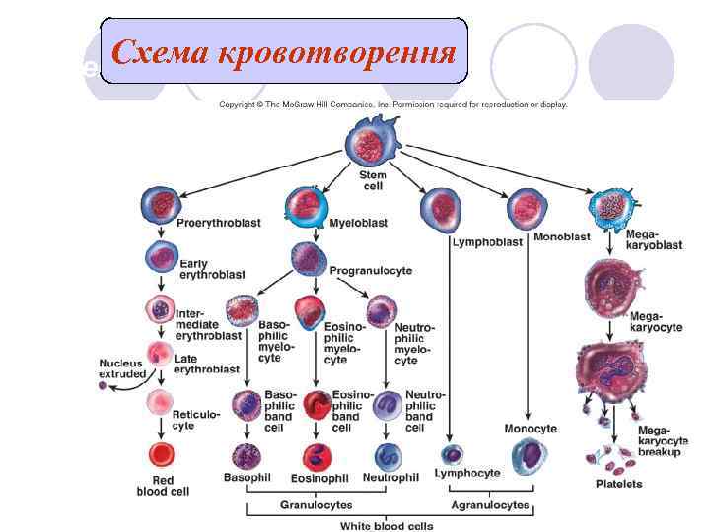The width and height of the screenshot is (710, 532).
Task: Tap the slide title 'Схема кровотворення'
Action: (x=284, y=50)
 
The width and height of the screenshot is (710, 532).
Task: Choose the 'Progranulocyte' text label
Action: (x=371, y=270)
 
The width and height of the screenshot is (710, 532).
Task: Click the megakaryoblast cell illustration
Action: (x=606, y=207)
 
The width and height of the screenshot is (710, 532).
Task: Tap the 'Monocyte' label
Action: (x=531, y=429)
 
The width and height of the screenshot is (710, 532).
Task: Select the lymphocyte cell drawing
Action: (x=451, y=454)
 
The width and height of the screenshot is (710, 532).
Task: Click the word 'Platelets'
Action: (x=618, y=484)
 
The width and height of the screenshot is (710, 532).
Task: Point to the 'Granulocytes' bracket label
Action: (x=316, y=506)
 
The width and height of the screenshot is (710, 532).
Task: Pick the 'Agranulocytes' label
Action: (x=490, y=506)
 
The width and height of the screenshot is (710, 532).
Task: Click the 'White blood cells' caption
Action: (x=387, y=525)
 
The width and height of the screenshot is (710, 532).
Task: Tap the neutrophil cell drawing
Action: (x=388, y=456)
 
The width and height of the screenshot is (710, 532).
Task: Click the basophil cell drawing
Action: (x=245, y=455)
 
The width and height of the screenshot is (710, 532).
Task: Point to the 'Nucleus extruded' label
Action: (x=122, y=368)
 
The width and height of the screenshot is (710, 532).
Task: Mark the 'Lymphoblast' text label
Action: (x=487, y=242)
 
